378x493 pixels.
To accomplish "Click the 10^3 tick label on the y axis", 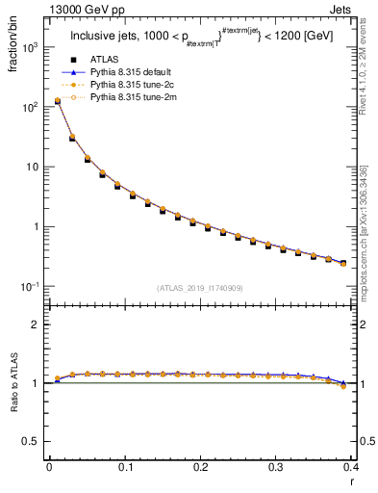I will point(29,46).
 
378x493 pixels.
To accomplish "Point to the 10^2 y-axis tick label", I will point(29,106).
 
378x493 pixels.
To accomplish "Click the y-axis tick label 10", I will point(31,167).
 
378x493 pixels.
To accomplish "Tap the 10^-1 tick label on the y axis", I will point(28,286).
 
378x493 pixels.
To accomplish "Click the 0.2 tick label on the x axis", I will point(200,466).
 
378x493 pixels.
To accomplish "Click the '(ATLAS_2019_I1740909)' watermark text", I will point(200,288).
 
